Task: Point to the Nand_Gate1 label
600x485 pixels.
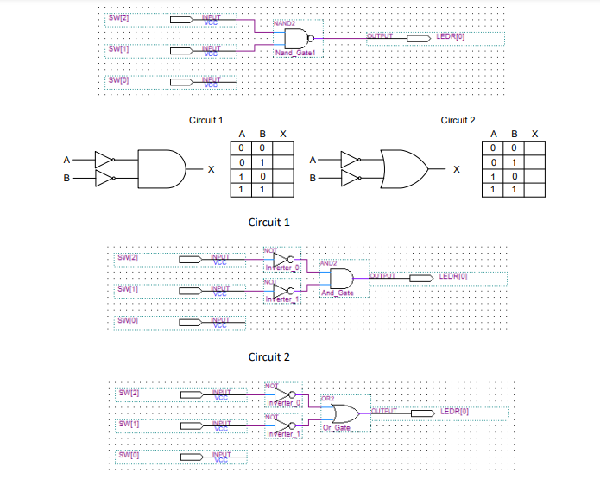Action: [295, 54]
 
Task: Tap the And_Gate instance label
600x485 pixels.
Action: [337, 293]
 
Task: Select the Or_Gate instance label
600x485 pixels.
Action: [337, 429]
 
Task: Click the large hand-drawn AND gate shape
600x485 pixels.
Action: [161, 169]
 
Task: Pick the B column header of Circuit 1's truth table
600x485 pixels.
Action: [262, 135]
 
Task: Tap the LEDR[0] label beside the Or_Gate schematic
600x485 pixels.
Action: [454, 411]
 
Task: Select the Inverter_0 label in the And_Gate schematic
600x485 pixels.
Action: [282, 268]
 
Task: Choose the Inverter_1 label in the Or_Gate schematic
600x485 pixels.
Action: [283, 433]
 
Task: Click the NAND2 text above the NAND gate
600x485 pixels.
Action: [284, 22]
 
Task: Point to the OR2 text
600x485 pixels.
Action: [327, 398]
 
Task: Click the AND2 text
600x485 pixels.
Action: [328, 262]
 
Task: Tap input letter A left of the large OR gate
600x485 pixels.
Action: [313, 160]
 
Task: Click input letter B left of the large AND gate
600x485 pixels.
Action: [66, 178]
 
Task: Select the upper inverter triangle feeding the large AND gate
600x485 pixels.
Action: [104, 160]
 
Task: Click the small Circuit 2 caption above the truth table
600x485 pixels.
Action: [458, 120]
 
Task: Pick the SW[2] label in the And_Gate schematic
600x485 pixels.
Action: [127, 257]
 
